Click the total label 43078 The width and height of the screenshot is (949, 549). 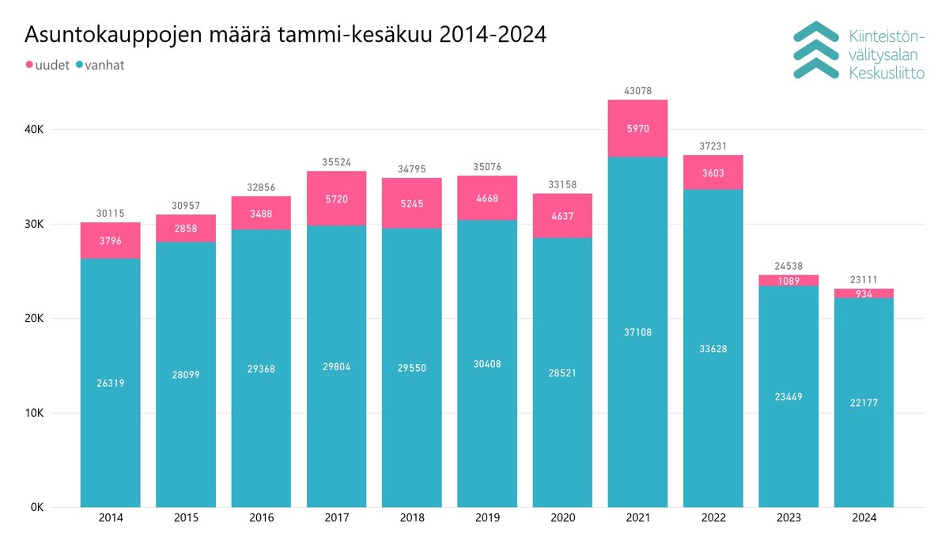pos(637,92)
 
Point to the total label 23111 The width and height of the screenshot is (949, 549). pos(864,280)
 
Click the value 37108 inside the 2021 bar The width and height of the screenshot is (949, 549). pos(637,332)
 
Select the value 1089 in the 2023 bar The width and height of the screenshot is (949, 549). pos(788,281)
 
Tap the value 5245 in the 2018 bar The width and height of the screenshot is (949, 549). pos(411,203)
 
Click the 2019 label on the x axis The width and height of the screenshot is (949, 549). pos(486,519)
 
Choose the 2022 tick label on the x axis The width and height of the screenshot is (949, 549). pos(713,519)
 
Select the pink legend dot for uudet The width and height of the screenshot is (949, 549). pos(30,65)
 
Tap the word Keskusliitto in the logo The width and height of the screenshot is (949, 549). pos(886,74)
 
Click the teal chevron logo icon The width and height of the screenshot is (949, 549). pos(815,50)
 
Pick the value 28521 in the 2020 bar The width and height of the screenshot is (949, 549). pos(562,373)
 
